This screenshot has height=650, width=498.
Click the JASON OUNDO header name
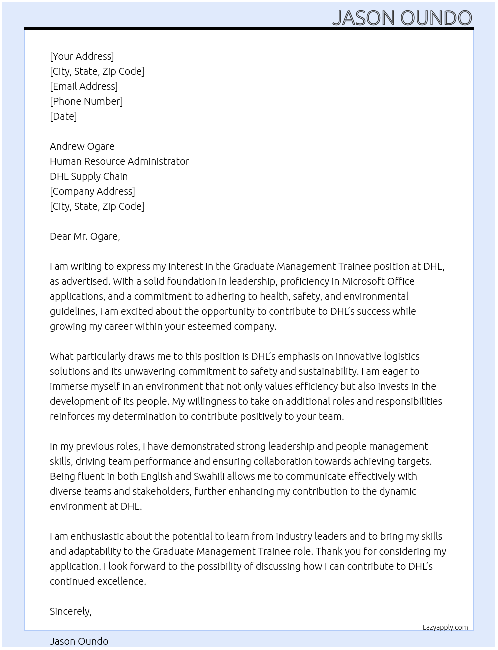tap(402, 18)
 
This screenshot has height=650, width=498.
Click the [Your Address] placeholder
tap(82, 56)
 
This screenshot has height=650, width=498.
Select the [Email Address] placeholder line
tap(84, 86)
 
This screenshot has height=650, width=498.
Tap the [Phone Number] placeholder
tap(86, 101)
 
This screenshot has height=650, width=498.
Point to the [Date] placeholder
tap(63, 116)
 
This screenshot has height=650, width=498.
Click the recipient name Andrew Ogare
tap(82, 146)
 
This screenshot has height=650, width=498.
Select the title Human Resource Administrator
tap(119, 161)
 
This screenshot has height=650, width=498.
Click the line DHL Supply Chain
tap(89, 176)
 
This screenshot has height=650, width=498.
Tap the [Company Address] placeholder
tap(92, 191)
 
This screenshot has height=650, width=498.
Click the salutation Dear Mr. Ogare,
tap(85, 236)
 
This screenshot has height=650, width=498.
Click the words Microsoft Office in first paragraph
tap(378, 281)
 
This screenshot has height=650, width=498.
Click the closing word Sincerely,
tap(71, 611)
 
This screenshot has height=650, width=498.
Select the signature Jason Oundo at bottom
tap(79, 641)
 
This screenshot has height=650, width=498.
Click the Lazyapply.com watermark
tap(445, 627)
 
